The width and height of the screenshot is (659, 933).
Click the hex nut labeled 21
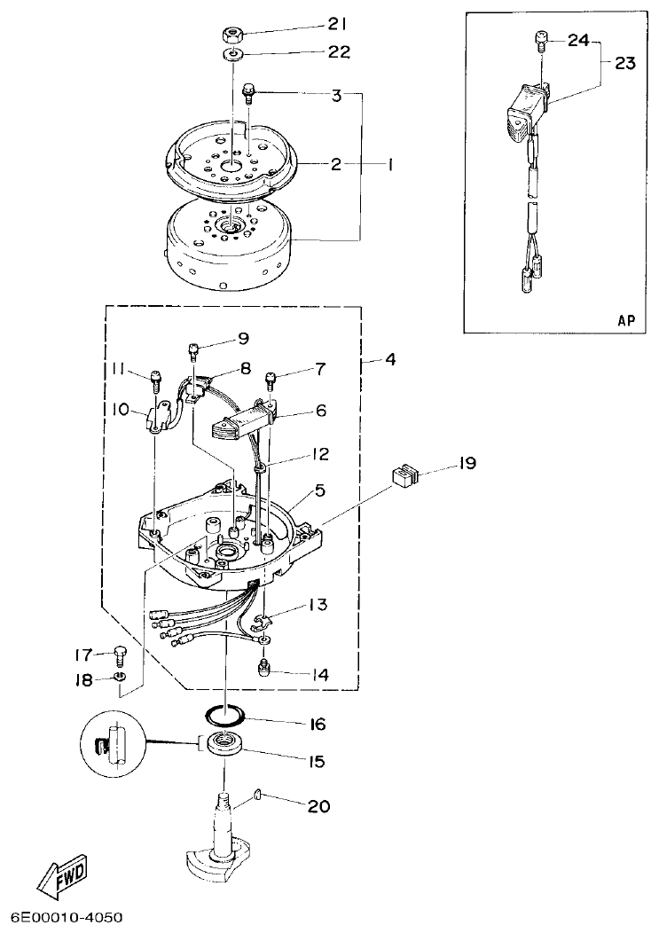pyautogui.click(x=232, y=35)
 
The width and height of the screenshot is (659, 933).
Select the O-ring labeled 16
pyautogui.click(x=227, y=713)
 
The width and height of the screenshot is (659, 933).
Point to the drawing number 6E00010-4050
pyautogui.click(x=67, y=917)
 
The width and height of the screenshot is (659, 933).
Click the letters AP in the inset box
pyautogui.click(x=625, y=321)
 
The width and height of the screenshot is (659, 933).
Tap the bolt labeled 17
pyautogui.click(x=120, y=656)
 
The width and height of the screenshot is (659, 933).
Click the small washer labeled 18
pyautogui.click(x=121, y=678)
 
